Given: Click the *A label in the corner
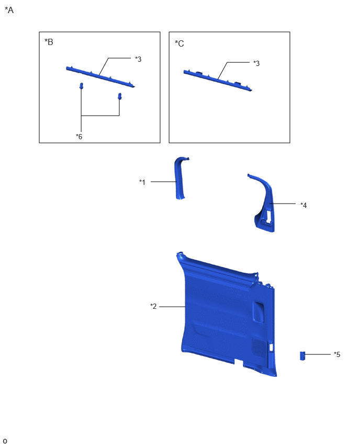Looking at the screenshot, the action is tap(9, 10).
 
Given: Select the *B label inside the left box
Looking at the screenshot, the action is tap(49, 42).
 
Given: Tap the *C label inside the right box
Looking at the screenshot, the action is tap(179, 43).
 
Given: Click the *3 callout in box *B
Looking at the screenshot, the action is tap(138, 59).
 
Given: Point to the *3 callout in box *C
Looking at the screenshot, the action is tap(256, 63).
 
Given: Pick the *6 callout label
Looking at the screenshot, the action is tap(79, 137).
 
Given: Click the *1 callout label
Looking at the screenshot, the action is tap(142, 182).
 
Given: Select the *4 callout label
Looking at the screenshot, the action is tap(303, 205).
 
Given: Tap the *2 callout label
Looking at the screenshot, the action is tap(153, 306).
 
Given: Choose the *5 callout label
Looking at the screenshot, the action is tap(337, 354).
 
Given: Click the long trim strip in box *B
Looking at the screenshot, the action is tap(100, 76).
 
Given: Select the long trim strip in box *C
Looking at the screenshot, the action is tap(218, 81).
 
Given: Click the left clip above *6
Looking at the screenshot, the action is tap(81, 86).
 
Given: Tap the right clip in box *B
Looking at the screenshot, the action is tap(120, 96).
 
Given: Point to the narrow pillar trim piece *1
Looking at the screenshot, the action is tap(179, 179).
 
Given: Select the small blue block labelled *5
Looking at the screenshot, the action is tap(302, 356).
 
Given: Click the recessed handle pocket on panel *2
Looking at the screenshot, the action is tap(258, 312).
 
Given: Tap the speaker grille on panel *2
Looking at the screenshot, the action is tap(259, 347).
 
